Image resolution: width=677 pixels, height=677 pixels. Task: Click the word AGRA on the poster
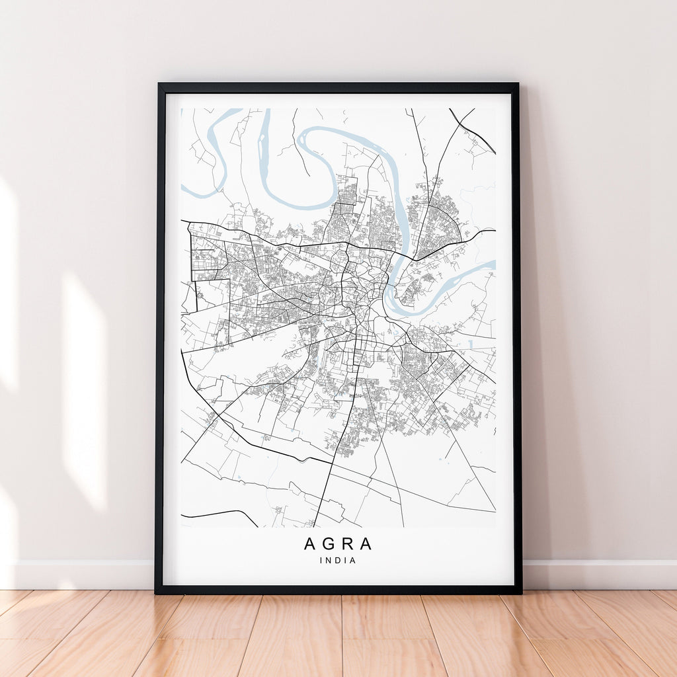click(338, 544)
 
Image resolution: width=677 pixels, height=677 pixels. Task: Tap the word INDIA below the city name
click(338, 561)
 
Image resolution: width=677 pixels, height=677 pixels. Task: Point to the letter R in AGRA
click(347, 544)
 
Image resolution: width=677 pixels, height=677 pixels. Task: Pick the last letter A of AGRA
click(366, 544)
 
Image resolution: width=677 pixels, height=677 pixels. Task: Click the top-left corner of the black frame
click(159, 85)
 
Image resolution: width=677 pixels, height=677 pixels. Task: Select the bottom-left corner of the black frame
click(157, 592)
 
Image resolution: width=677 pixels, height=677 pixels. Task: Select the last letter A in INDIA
click(354, 561)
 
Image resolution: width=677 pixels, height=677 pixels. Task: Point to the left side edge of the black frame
click(159, 331)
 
